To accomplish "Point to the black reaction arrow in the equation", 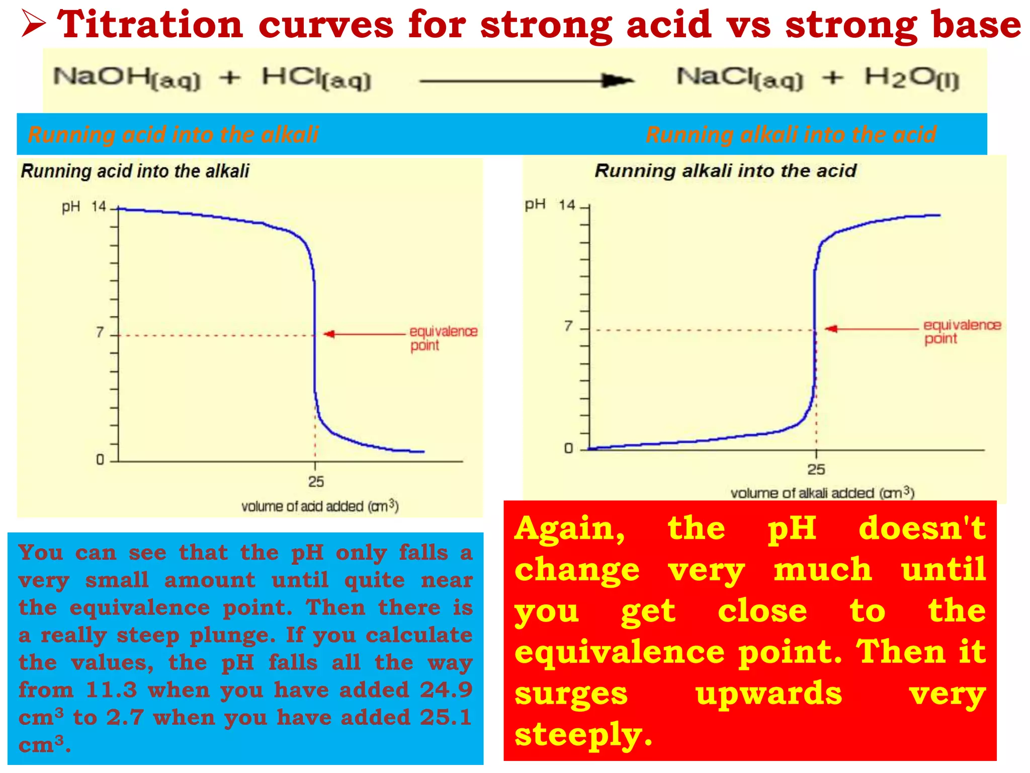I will pyautogui.click(x=526, y=81).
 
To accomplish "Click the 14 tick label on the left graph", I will pyautogui.click(x=99, y=207).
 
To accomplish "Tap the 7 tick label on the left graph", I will pyautogui.click(x=100, y=333).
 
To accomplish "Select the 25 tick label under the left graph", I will pyautogui.click(x=316, y=482).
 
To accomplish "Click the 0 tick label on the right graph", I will pyautogui.click(x=568, y=448).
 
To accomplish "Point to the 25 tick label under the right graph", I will pyautogui.click(x=816, y=470).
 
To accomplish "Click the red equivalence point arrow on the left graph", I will pyautogui.click(x=365, y=334).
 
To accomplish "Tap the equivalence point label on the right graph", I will pyautogui.click(x=961, y=332).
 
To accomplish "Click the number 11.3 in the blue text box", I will pyautogui.click(x=111, y=690).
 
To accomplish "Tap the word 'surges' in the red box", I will pyautogui.click(x=571, y=693).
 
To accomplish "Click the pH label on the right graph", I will pyautogui.click(x=535, y=204).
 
